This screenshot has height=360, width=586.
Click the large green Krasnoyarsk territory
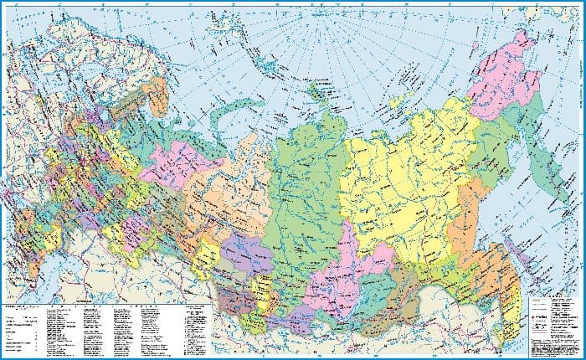click(x=301, y=193)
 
